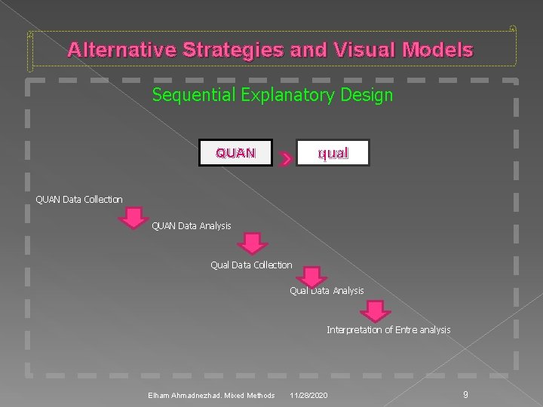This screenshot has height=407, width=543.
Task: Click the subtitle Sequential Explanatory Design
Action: [x=272, y=95]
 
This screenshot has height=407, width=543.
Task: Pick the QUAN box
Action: [x=235, y=153]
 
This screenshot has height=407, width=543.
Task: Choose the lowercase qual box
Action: [x=333, y=153]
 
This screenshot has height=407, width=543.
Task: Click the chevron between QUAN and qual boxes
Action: [x=285, y=158]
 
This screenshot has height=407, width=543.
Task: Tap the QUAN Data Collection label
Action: [x=79, y=199]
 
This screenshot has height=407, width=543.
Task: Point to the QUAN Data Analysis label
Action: [x=192, y=225]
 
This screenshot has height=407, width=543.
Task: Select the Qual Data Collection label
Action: [x=251, y=265]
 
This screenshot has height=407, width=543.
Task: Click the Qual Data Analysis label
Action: [x=327, y=291]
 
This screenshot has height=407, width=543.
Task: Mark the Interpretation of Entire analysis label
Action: [x=388, y=329]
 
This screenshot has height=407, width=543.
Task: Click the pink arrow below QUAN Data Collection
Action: [x=133, y=217]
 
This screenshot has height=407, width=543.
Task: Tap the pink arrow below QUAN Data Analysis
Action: [x=253, y=243]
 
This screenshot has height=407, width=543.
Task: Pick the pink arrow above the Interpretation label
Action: [x=375, y=310]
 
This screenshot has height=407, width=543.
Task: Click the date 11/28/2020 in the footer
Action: [x=308, y=396]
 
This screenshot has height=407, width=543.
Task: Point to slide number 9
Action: [x=465, y=394]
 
